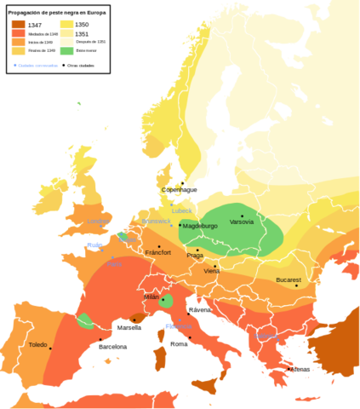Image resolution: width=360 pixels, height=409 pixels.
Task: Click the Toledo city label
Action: tap(37, 344)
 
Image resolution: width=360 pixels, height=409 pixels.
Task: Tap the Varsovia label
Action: tap(242, 222)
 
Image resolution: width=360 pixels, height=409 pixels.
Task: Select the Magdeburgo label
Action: tap(201, 226)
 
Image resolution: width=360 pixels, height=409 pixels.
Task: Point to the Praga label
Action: tap(195, 255)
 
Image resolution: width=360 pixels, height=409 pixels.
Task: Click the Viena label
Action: tap(212, 271)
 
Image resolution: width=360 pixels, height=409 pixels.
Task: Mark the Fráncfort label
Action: tap(158, 252)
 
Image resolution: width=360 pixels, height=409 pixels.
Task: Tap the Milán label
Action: tap(151, 297)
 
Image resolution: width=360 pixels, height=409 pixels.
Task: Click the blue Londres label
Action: tap(99, 222)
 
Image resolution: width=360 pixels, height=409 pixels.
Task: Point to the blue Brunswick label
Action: tap(157, 221)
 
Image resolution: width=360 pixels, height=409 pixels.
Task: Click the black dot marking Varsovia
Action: tap(242, 216)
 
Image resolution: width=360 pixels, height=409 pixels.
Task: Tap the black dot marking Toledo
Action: tap(50, 348)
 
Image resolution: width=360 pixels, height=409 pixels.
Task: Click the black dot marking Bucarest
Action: tap(296, 285)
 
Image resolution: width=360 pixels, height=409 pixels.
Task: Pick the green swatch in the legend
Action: tap(66, 52)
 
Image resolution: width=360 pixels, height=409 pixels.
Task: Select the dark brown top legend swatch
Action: tap(18, 23)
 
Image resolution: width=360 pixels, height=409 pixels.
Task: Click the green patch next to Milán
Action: tap(167, 301)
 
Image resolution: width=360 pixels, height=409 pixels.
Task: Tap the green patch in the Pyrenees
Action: tap(85, 321)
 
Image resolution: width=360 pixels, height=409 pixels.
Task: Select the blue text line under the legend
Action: tap(36, 65)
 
